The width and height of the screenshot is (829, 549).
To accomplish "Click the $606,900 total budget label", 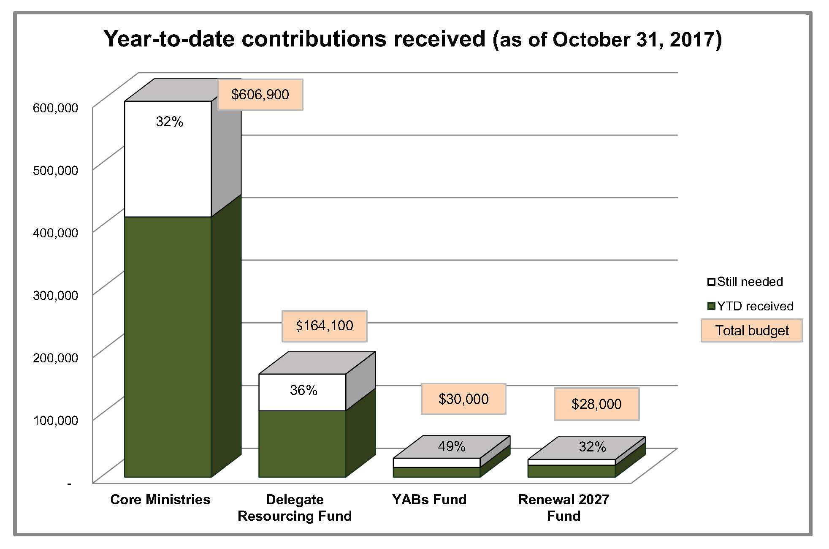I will point(260,95).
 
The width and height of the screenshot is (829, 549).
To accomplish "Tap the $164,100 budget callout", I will point(324,326).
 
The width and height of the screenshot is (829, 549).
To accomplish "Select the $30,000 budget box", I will point(463,399).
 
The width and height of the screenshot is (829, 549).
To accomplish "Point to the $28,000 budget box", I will point(596,404).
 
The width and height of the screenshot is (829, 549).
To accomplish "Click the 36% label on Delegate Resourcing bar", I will point(303,390).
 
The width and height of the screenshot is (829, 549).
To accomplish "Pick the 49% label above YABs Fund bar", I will point(452,446).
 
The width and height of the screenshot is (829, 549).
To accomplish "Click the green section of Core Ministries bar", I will point(168,346).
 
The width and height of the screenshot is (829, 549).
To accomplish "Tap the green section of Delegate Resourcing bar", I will point(302,443).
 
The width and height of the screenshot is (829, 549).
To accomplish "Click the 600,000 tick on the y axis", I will point(55,108).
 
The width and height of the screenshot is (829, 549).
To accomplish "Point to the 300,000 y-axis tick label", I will point(55,295).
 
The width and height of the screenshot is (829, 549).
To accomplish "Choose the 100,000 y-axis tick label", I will point(55,420).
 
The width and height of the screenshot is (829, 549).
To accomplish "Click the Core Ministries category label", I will point(160,500).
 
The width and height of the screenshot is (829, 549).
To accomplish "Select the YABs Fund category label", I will point(429,500).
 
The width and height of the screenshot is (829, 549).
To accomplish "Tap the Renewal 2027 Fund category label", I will point(564,508).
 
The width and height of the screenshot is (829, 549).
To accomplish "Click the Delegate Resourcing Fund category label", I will point(295,508).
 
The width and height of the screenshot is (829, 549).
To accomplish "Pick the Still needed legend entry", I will point(745,282).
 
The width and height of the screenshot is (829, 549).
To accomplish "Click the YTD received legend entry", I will point(750,306).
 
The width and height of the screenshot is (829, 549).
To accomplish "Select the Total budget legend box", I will point(752,330).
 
